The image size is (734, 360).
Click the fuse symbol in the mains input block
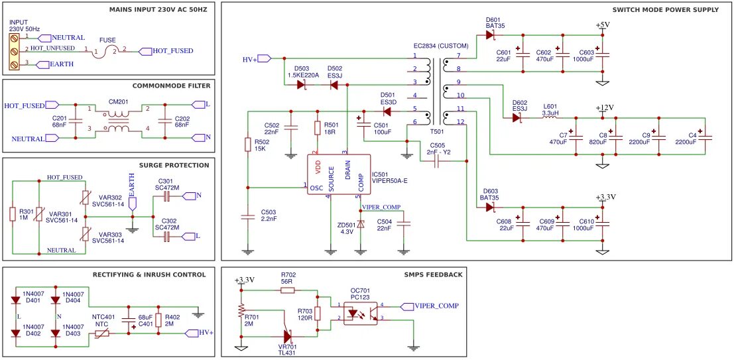tap(109, 52)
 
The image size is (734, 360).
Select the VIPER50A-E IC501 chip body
tap(338, 174)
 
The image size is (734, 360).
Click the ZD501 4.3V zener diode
tap(360, 224)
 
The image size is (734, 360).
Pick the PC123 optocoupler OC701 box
tap(360, 313)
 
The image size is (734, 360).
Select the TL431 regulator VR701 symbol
tap(288, 336)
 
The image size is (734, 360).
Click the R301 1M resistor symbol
tap(13, 214)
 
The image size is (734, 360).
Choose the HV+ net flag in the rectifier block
tap(200, 333)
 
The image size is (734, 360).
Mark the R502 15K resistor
tap(247, 145)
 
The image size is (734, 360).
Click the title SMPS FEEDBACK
tap(435, 274)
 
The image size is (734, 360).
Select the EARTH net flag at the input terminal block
tap(55, 64)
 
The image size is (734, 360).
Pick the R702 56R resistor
tap(287, 290)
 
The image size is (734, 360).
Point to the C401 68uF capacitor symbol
tap(128, 321)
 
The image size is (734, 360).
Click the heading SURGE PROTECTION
tap(174, 165)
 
